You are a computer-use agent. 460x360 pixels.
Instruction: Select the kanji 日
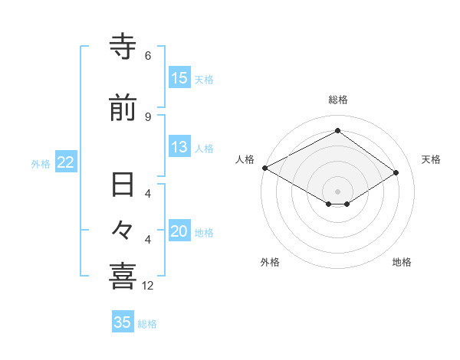(x=123, y=186)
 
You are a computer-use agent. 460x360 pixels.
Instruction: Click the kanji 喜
(x=123, y=276)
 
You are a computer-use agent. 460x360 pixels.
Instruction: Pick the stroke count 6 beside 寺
(x=148, y=56)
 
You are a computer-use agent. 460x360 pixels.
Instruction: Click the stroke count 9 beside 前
(x=148, y=116)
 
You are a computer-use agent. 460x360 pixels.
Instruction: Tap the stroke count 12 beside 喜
(x=149, y=285)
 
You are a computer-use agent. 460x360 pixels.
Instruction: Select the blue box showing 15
(x=179, y=77)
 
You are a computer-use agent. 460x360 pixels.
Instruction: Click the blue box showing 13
(x=179, y=147)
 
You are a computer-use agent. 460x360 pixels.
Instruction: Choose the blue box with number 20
(x=179, y=232)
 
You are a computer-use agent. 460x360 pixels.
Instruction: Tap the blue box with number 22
(x=65, y=162)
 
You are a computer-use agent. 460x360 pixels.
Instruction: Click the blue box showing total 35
(x=123, y=322)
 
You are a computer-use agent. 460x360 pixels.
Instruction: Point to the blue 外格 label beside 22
(x=41, y=163)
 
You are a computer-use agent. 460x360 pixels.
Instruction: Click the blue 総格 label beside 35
(x=148, y=324)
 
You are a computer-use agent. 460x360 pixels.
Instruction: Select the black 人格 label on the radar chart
(x=245, y=159)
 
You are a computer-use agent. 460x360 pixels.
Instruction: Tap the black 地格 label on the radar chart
(x=402, y=262)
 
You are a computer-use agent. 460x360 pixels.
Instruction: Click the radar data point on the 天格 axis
(x=396, y=173)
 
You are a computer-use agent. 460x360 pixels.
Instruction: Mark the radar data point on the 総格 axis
(x=337, y=131)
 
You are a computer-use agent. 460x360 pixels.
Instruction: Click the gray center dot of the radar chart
(x=337, y=190)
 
